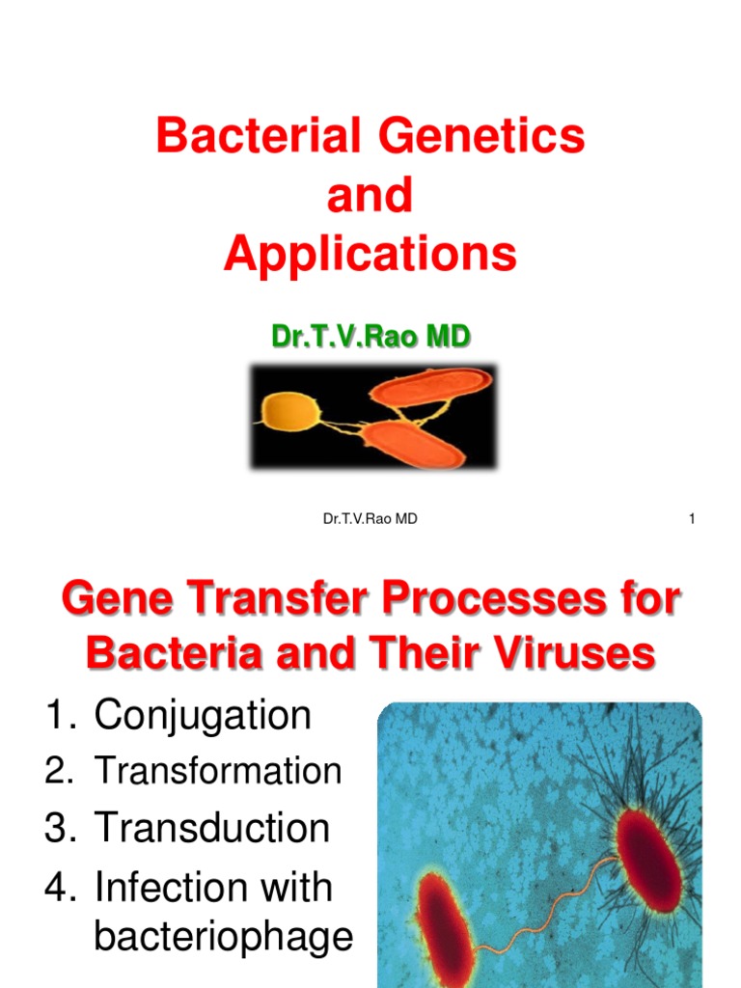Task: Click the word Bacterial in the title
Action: coord(259,135)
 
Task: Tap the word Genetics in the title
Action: coord(481,135)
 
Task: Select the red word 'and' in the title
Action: coord(370,195)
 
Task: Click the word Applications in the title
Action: coord(370,255)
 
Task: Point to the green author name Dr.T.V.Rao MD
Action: coord(370,336)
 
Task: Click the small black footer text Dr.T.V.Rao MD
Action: coord(370,518)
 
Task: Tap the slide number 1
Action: coord(692,518)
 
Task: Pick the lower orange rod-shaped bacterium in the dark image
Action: coord(413,444)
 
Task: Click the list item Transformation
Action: coord(218,771)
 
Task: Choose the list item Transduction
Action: coord(211,827)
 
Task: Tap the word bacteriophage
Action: coord(223,937)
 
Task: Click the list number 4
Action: coord(61,888)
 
